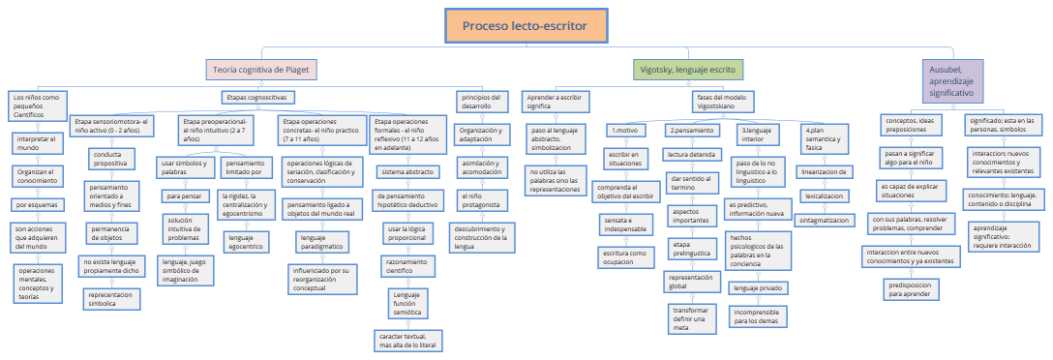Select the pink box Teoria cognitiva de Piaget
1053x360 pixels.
click(x=262, y=70)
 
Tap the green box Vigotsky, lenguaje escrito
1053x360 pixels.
click(x=687, y=70)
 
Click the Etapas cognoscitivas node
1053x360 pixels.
click(x=256, y=98)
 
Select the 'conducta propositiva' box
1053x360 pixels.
click(x=113, y=159)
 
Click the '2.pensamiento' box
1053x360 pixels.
click(x=691, y=130)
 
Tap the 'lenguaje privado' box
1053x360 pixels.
click(x=759, y=287)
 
